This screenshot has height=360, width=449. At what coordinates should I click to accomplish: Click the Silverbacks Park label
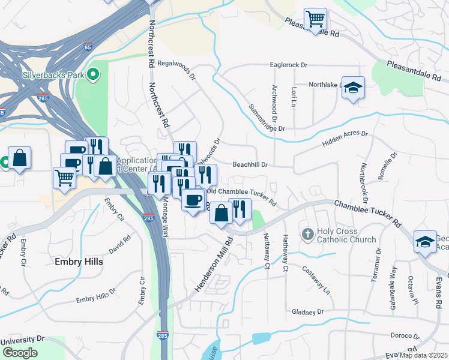(x=53, y=76)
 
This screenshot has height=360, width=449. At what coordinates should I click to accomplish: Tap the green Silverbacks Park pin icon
(x=92, y=75)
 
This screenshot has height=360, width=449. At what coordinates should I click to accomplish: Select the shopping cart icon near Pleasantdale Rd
(x=315, y=19)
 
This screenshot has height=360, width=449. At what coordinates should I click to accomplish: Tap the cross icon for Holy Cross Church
(x=308, y=233)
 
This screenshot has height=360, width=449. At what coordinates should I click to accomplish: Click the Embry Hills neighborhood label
(x=79, y=262)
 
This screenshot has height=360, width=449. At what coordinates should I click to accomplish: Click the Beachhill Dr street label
(x=249, y=164)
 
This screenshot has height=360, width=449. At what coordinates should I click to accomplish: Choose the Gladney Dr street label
(x=307, y=312)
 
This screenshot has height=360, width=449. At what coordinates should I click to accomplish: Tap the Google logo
(x=20, y=353)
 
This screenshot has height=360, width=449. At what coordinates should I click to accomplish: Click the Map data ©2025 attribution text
(x=423, y=355)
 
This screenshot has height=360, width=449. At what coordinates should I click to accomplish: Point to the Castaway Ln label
(x=316, y=279)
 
